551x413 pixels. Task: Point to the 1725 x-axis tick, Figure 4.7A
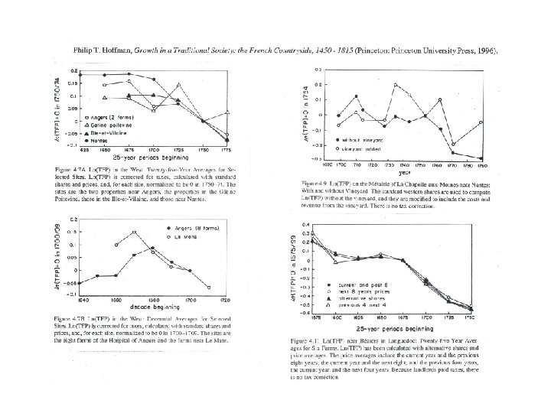pos(178,150)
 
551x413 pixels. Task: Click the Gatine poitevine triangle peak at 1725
pos(178,84)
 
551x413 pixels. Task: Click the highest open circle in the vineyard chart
pos(396,85)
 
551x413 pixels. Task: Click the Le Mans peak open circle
pos(134,232)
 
